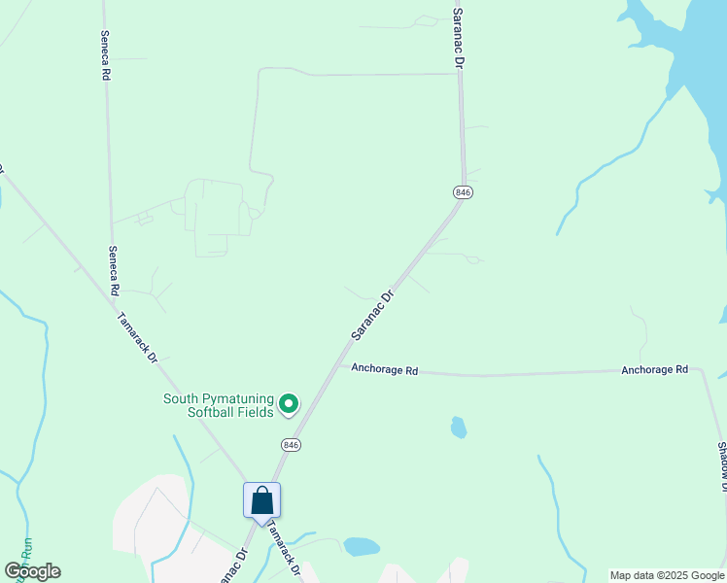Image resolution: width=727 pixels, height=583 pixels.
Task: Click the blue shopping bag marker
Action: [x=261, y=501]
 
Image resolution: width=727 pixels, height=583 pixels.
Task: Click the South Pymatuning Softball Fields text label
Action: [x=217, y=404]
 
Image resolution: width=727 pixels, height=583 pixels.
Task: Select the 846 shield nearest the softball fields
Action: [x=291, y=444]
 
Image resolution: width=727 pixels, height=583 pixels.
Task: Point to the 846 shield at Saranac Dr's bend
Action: [x=463, y=192]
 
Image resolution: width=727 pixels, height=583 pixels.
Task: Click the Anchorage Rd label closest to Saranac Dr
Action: [x=384, y=369]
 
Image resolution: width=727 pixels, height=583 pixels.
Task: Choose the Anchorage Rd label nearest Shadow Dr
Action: [x=654, y=369]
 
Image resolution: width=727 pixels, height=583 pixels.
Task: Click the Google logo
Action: [x=33, y=570]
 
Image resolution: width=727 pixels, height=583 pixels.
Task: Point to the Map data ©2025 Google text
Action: [x=667, y=575]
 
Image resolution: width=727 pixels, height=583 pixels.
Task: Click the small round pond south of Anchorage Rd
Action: [x=458, y=427]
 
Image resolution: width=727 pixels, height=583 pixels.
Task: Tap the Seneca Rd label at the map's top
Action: [x=105, y=53]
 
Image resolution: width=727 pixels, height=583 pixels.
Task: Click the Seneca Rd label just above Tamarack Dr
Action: [x=113, y=270]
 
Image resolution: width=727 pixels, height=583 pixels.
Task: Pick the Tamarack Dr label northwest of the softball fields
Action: [x=137, y=336]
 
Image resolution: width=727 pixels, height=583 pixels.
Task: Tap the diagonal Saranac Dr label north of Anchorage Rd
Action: [x=371, y=314]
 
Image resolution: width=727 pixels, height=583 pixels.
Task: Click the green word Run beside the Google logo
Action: [x=25, y=548]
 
